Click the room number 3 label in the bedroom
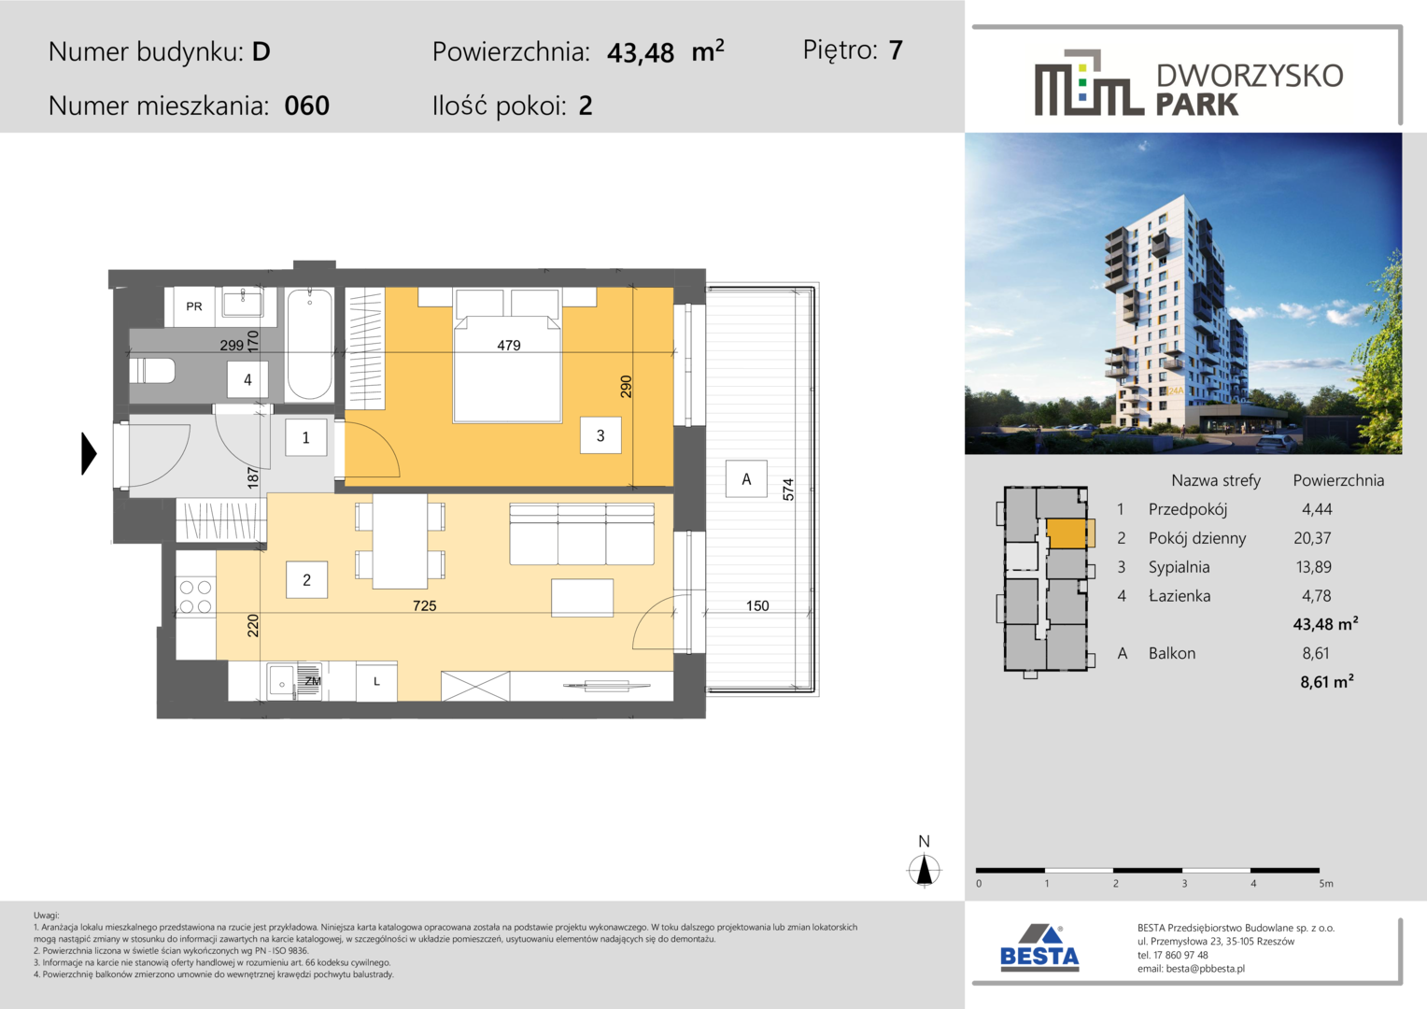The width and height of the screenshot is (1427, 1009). (600, 435)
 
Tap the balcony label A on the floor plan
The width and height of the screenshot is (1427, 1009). (746, 478)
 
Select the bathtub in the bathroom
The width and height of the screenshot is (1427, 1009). (309, 344)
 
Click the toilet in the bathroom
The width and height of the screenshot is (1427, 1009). (153, 371)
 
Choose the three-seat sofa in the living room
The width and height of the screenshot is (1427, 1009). (582, 534)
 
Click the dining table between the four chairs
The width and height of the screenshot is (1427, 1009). (400, 541)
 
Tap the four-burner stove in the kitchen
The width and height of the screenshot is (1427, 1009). (195, 596)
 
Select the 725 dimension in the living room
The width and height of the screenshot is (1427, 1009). (424, 605)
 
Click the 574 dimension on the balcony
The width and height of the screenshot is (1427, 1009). (788, 490)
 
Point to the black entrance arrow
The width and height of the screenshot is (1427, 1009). (89, 453)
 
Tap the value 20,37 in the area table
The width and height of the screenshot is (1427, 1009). (1312, 538)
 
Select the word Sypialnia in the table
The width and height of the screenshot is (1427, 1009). (1179, 567)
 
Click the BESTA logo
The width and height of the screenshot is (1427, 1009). (1039, 948)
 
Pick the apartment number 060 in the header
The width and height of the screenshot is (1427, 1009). (306, 106)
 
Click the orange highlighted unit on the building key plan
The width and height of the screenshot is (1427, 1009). (1067, 533)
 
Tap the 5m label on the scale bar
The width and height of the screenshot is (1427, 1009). (1326, 884)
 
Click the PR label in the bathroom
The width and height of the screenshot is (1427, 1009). (193, 306)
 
